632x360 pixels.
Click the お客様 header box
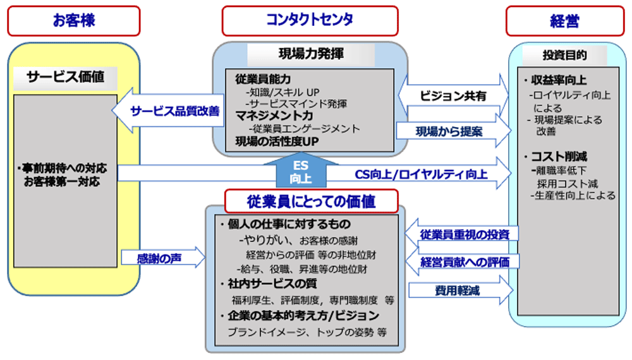73,21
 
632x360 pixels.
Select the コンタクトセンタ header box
310,21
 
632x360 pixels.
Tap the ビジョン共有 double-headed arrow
453,95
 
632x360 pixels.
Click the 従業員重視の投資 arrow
462,234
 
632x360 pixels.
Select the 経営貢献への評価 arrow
462,261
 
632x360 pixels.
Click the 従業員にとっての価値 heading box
312,201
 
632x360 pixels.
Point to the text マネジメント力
274,116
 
